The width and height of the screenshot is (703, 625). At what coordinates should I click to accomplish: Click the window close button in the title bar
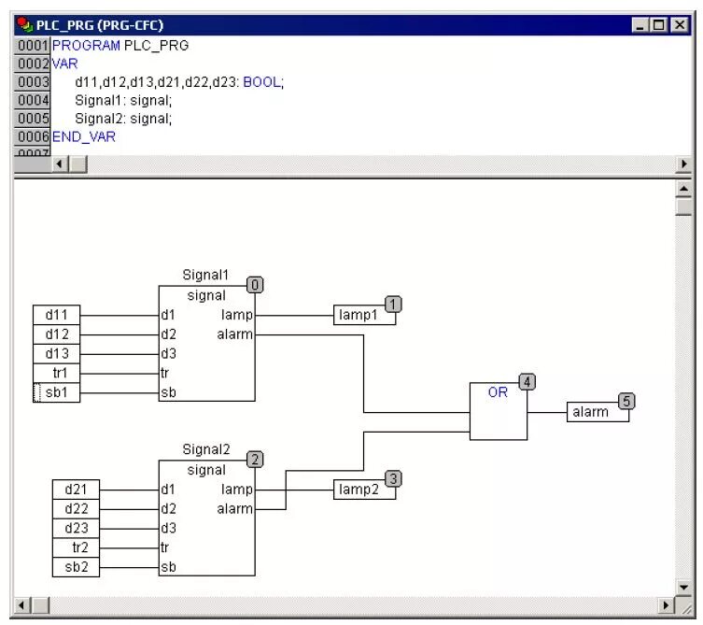tap(680, 26)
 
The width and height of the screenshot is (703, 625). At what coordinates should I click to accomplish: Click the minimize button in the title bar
tap(640, 26)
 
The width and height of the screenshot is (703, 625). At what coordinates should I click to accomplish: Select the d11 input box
tap(57, 315)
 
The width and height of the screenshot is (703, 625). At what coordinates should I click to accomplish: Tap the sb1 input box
tap(57, 392)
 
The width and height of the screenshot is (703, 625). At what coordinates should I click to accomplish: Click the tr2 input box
tap(76, 547)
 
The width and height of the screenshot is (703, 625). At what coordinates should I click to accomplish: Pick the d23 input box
tap(76, 528)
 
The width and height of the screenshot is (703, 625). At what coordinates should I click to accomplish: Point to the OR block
tap(498, 411)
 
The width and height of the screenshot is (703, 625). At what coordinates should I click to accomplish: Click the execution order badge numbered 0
tap(255, 285)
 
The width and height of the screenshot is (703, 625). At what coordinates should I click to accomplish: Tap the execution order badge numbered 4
tap(527, 382)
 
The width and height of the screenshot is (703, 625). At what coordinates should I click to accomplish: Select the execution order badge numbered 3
tap(393, 479)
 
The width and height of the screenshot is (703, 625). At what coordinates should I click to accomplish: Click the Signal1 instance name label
tap(205, 275)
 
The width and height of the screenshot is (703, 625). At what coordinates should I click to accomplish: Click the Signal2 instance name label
tap(205, 449)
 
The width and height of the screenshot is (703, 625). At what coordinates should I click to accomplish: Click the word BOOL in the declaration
tap(261, 82)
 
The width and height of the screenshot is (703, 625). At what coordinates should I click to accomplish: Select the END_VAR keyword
tap(84, 136)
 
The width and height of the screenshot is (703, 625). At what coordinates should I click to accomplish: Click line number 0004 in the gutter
tap(33, 100)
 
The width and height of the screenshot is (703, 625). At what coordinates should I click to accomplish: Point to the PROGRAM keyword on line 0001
tap(86, 45)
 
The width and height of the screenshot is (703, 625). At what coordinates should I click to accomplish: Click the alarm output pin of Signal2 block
tap(235, 509)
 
